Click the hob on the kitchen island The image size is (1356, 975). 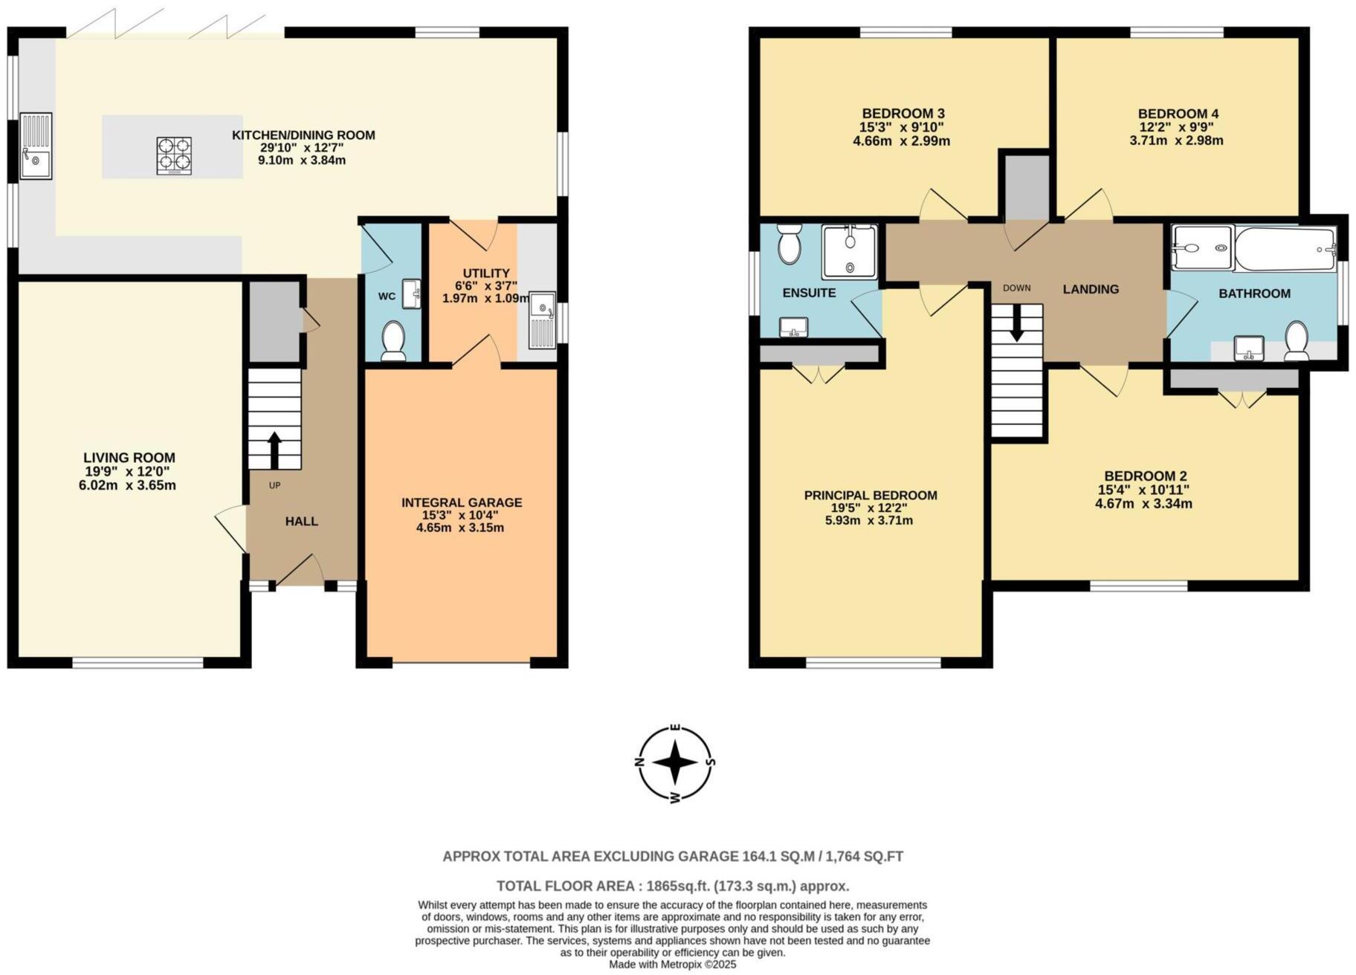(x=174, y=156)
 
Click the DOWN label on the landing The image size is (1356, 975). (x=1016, y=288)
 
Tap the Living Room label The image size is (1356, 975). (x=129, y=458)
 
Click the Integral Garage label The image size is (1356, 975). (x=462, y=503)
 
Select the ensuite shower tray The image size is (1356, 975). (x=849, y=252)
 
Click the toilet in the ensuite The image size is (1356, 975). (x=788, y=244)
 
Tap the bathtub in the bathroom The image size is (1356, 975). (x=1285, y=247)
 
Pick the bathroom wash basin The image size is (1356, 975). (x=1249, y=348)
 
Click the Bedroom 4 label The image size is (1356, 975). (x=1178, y=114)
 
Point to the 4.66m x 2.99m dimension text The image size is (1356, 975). (x=901, y=140)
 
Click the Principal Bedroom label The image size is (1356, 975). (x=871, y=496)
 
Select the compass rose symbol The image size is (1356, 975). (x=675, y=763)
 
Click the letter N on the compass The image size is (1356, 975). (x=638, y=763)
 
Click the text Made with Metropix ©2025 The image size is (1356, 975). (x=672, y=965)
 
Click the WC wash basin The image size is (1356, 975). (x=411, y=294)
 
